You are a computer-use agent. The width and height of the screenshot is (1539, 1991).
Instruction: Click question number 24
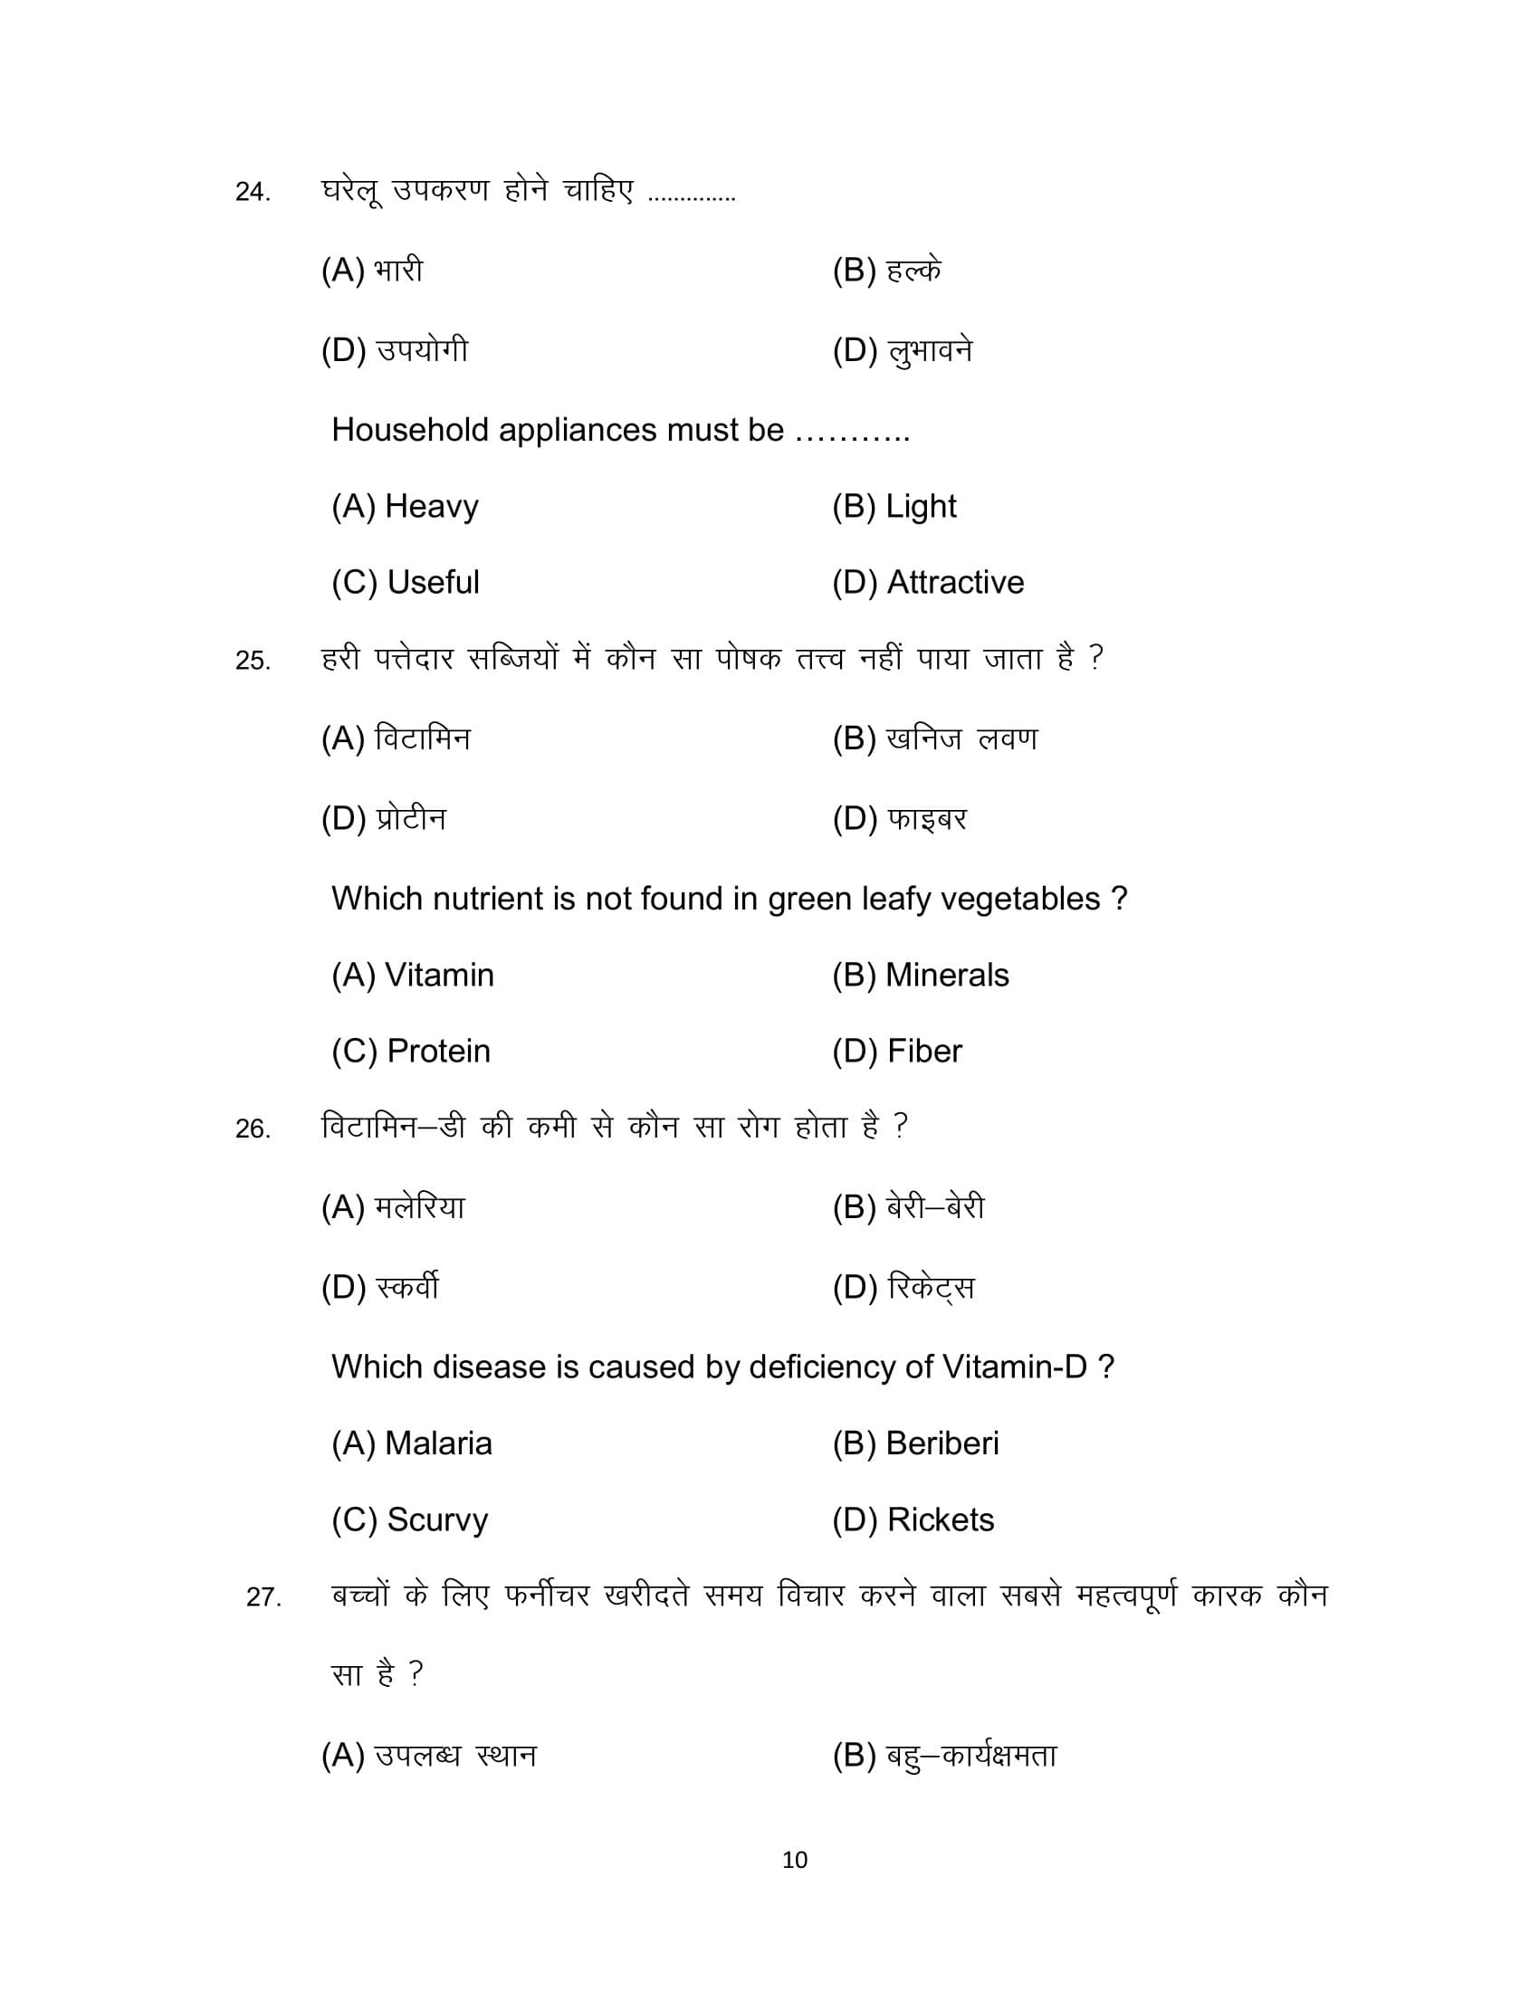click(253, 193)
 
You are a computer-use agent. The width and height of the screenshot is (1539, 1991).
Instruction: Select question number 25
click(253, 661)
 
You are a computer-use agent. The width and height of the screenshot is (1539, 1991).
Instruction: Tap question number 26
click(253, 1129)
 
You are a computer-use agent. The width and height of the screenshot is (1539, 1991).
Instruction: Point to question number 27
click(263, 1597)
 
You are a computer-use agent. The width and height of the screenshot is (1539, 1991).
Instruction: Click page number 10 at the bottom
click(794, 1860)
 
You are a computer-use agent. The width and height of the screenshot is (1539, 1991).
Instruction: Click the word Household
click(409, 429)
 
